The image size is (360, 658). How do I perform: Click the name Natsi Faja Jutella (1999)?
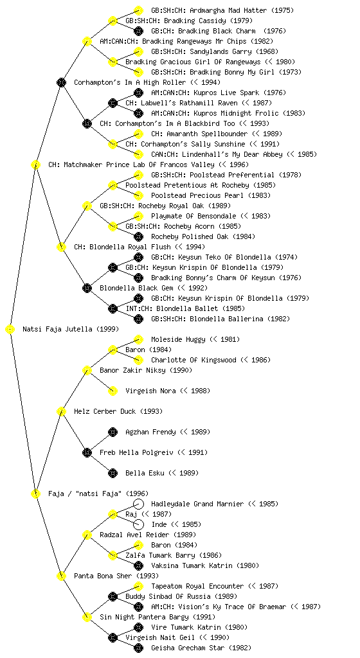click(x=71, y=329)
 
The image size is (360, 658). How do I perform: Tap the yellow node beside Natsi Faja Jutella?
click(x=10, y=330)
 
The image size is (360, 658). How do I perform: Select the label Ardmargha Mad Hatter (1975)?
click(x=222, y=10)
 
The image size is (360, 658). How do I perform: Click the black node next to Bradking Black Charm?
click(x=138, y=31)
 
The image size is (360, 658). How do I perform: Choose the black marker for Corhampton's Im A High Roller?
click(x=61, y=82)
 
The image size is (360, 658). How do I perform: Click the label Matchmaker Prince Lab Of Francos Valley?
click(x=148, y=164)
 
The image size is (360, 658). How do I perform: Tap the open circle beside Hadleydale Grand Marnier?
click(x=138, y=504)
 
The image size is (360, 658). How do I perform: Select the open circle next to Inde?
click(x=138, y=524)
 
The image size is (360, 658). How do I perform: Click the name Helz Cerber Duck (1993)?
click(x=118, y=411)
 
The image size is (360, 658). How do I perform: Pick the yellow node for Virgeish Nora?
click(x=113, y=391)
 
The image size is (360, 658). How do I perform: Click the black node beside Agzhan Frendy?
click(x=113, y=432)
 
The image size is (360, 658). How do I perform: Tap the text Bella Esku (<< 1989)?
click(x=162, y=473)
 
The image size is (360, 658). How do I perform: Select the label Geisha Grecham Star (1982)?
click(x=201, y=648)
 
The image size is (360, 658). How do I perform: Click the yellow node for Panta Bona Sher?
click(x=61, y=576)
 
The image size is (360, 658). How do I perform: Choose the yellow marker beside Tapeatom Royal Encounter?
click(x=138, y=586)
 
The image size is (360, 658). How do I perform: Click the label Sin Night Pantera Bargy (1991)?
click(x=157, y=617)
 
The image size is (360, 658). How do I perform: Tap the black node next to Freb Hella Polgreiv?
click(x=87, y=452)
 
